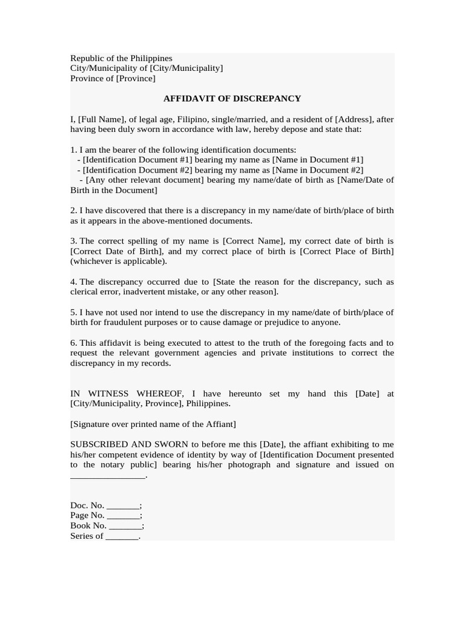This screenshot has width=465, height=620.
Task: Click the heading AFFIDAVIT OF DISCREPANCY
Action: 232,99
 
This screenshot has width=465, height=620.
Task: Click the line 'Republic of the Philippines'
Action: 121,58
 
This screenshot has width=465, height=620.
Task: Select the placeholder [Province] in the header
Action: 136,79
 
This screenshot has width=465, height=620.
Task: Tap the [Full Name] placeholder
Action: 100,119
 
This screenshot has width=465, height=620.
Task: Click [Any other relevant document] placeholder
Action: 145,180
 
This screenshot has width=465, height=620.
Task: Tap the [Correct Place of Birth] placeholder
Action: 347,251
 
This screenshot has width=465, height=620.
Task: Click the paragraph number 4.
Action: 73,282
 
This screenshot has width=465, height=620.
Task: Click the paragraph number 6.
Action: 73,343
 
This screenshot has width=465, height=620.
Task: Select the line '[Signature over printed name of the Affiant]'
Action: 153,424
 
